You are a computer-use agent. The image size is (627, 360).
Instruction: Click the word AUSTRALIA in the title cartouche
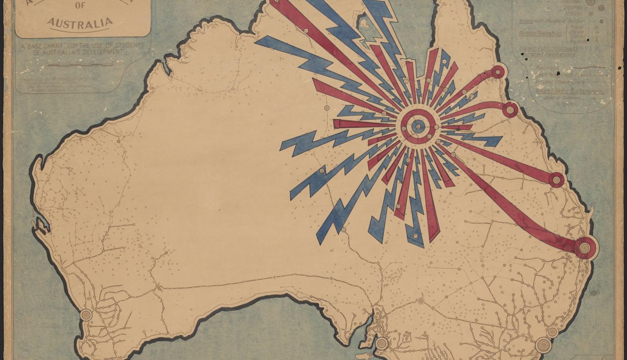click(80, 24)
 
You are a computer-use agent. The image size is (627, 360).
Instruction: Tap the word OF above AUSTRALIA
click(80, 6)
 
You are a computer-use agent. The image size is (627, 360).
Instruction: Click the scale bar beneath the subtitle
click(80, 64)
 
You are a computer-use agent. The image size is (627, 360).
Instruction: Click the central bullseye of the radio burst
click(418, 126)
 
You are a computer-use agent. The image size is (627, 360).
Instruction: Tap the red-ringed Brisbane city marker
click(585, 248)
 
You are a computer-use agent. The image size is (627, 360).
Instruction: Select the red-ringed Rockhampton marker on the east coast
click(556, 180)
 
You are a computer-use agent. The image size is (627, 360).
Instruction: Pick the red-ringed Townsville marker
click(510, 109)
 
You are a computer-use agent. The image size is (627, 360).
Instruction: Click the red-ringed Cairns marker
click(498, 72)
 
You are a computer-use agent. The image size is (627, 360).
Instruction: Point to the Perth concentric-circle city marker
click(86, 315)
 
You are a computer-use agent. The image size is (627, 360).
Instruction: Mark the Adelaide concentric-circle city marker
click(382, 343)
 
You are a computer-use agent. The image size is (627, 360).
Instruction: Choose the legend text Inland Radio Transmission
click(570, 91)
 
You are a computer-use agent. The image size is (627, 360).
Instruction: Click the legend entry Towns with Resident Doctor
click(551, 21)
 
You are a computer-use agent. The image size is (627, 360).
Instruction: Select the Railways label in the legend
click(547, 68)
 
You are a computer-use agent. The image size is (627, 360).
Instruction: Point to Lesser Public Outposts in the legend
click(549, 48)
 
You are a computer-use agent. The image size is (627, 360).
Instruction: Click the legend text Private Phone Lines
click(560, 82)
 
